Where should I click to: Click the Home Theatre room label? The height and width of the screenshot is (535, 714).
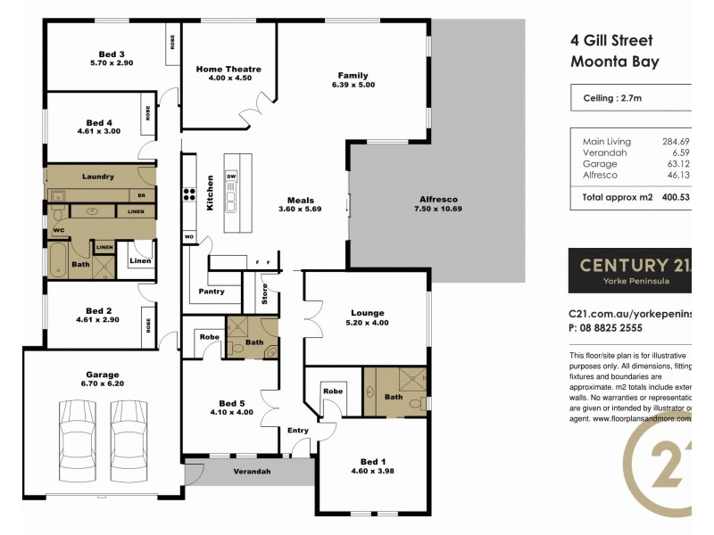point(228,69)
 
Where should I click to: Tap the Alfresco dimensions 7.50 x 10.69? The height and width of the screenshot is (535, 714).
point(437,209)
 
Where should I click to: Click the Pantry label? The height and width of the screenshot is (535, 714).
point(211,292)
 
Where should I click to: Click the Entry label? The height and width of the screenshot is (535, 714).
point(297,431)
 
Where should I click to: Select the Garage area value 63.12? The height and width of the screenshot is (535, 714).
point(679,164)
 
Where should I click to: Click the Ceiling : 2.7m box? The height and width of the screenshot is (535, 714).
point(630,98)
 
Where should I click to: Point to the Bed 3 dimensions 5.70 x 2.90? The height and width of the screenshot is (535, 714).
point(112,63)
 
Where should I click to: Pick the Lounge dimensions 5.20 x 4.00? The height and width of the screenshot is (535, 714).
point(367,323)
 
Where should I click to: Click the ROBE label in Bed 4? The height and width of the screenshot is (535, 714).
point(147,114)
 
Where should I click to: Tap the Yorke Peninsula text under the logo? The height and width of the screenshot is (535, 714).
point(630,280)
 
